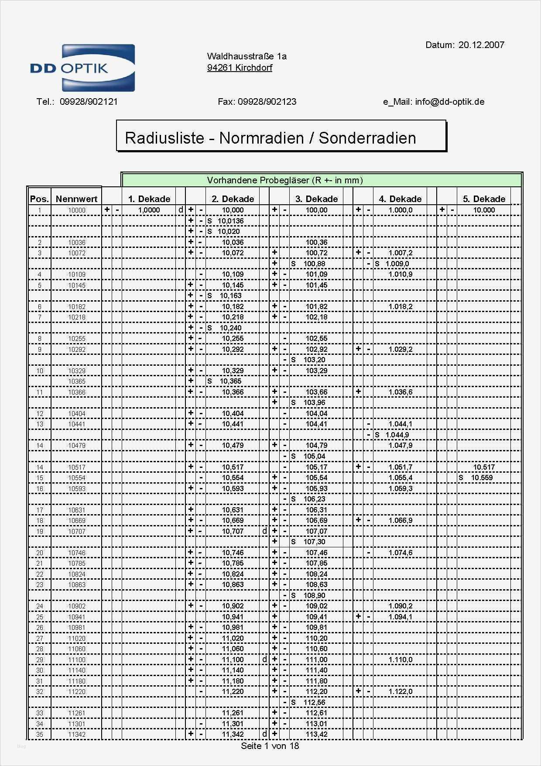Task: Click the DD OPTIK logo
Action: [x=82, y=68]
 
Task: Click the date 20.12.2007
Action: [x=481, y=45]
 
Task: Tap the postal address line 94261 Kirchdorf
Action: [x=240, y=68]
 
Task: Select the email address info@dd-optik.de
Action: [x=449, y=102]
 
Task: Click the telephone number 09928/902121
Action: [x=89, y=102]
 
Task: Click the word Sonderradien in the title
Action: [x=367, y=138]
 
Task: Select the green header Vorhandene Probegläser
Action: [x=284, y=180]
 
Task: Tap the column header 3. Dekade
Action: [x=316, y=199]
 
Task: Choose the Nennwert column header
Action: [x=76, y=199]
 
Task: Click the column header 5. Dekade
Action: [x=484, y=199]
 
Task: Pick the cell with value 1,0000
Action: [x=149, y=210]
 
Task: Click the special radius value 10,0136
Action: [x=230, y=221]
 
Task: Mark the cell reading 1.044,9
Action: [x=397, y=435]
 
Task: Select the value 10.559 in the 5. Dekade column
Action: [x=482, y=477]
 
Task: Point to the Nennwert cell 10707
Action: [x=77, y=531]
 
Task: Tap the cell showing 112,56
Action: [x=314, y=702]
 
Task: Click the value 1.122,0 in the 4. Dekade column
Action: [x=400, y=691]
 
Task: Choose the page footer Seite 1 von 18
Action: [x=270, y=745]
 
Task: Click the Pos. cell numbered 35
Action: [x=40, y=734]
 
